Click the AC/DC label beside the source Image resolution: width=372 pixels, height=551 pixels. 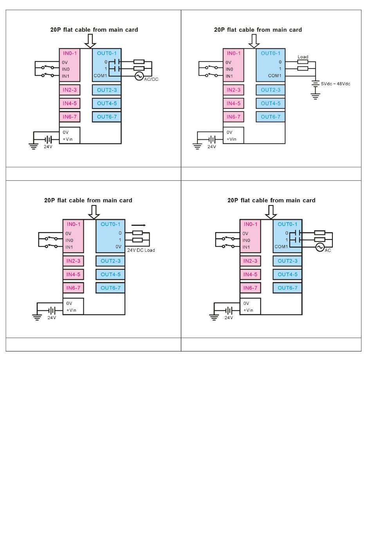click(151, 79)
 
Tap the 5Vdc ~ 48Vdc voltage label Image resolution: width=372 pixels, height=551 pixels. click(336, 84)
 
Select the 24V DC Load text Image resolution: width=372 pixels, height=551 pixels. click(141, 250)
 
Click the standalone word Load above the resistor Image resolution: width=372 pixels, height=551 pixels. click(303, 57)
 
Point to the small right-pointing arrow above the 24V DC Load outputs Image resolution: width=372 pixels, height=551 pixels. click(139, 225)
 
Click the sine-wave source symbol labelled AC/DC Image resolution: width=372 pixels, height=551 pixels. click(139, 76)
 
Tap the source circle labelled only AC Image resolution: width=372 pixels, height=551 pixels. click(320, 247)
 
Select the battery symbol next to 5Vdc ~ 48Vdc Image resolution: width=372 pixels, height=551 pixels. click(315, 83)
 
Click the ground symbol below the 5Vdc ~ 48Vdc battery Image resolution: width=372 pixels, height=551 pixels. click(315, 96)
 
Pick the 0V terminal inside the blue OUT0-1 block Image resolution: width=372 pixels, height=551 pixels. click(118, 247)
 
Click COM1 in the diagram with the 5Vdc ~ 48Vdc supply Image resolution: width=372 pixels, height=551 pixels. click(274, 76)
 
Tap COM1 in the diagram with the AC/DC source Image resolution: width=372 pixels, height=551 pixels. click(100, 76)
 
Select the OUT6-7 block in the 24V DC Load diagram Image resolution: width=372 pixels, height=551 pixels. click(110, 288)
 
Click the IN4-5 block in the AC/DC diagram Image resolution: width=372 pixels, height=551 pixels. click(70, 103)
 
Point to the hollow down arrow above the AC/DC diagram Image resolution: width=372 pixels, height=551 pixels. click(90, 40)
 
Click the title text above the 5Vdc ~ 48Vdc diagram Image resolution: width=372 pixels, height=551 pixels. click(258, 30)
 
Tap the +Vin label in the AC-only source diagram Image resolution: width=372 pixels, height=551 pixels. click(248, 310)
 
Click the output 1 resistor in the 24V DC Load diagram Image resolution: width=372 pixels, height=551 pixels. click(137, 240)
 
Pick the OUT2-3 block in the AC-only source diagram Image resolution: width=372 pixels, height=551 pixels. click(287, 261)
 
